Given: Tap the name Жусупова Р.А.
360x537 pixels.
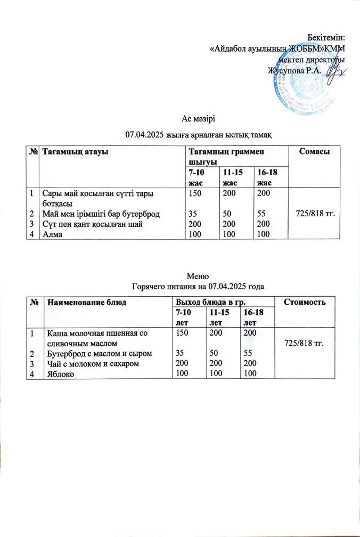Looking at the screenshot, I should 291,71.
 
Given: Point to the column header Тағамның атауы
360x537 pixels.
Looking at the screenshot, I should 76,153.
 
